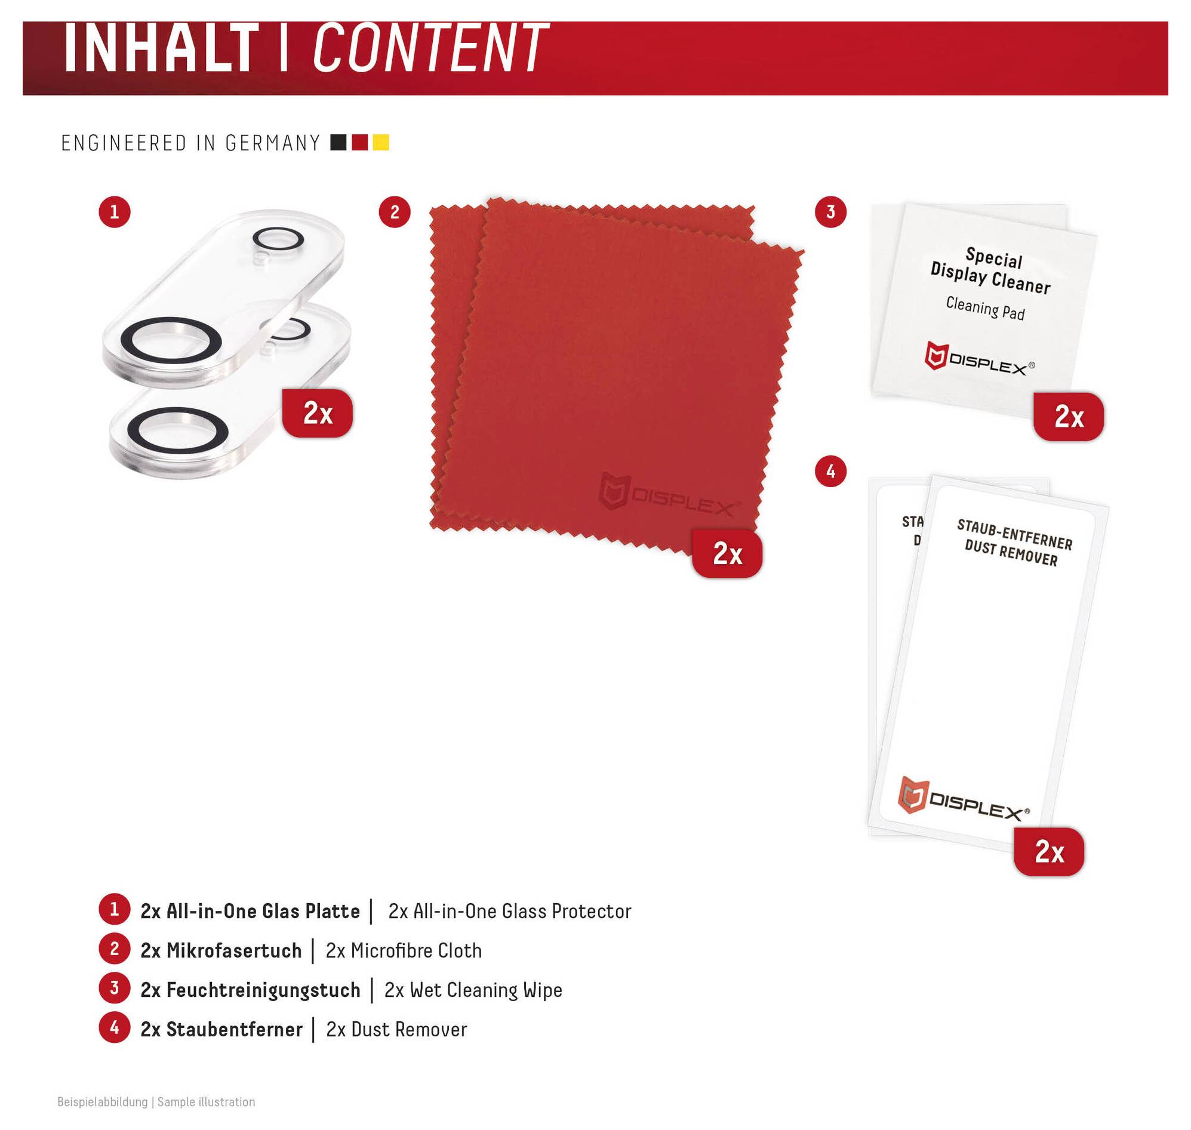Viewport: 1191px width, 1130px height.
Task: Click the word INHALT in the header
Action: pos(161,48)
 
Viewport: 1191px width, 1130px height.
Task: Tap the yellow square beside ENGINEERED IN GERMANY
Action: pos(381,143)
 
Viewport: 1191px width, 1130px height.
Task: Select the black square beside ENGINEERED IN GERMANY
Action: pos(338,143)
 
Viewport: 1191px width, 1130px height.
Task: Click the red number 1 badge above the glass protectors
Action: pos(115,212)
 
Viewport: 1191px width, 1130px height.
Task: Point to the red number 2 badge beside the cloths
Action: pos(395,212)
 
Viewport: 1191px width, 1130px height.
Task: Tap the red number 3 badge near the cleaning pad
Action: pos(831,212)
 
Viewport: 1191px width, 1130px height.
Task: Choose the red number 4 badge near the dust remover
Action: pos(831,471)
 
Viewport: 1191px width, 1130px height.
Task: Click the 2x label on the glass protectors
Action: pos(318,413)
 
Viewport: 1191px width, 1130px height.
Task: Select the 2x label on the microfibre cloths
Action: pos(727,553)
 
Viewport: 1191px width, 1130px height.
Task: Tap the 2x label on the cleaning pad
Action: pos(1069,417)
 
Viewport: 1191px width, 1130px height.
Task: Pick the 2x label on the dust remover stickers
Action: pos(1049,852)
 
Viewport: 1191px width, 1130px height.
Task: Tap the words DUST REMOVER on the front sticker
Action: pos(1011,553)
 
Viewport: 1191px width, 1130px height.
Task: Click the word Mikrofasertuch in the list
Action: pos(234,950)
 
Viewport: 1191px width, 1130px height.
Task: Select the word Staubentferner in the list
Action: pos(235,1029)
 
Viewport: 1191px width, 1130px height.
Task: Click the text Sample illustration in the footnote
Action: pos(206,1102)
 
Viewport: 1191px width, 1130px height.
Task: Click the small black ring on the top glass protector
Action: pos(278,238)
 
